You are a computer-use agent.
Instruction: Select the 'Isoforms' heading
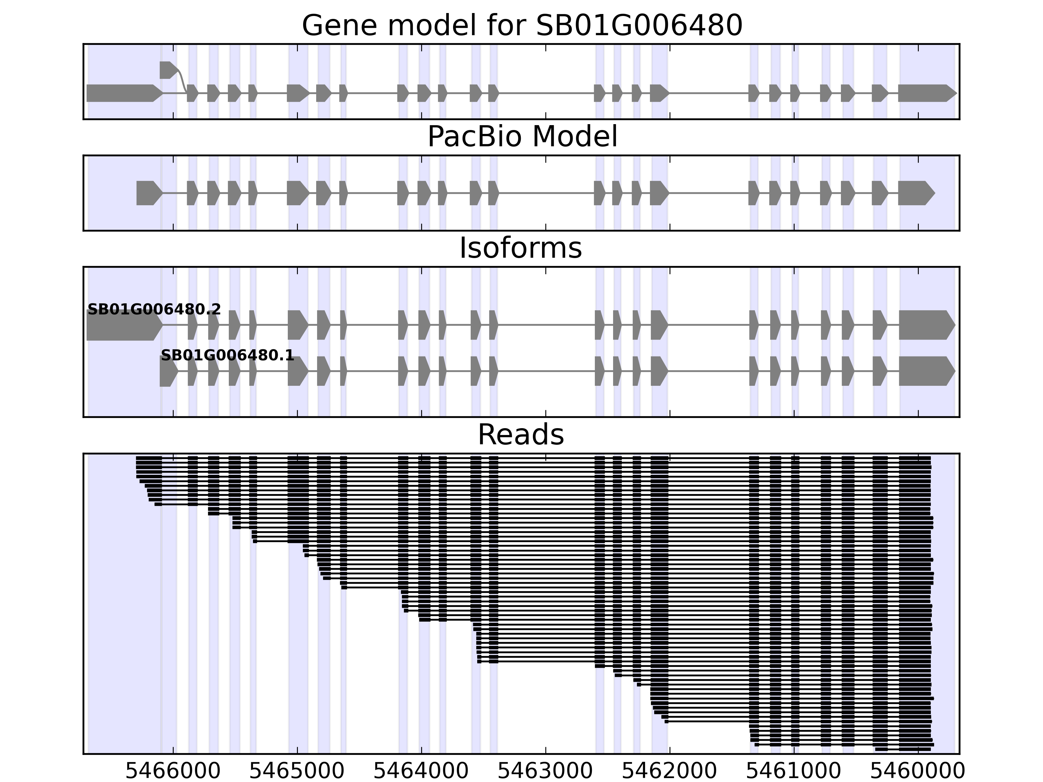pos(521,248)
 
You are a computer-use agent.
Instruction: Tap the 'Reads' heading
pos(521,435)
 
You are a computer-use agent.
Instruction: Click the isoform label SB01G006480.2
pos(154,310)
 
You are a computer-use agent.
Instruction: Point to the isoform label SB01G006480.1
pos(227,355)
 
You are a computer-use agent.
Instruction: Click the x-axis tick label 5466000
pos(173,771)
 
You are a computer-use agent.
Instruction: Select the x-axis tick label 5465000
pos(297,771)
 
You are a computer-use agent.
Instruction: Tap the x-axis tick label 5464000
pos(421,771)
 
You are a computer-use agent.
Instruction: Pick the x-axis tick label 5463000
pos(546,771)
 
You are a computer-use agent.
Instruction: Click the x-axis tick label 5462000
pos(669,771)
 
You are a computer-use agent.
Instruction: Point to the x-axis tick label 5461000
pos(794,771)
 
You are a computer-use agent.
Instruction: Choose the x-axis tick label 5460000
pos(918,771)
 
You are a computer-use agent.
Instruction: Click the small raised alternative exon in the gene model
pos(168,70)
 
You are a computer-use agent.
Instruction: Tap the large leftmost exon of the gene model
pos(123,93)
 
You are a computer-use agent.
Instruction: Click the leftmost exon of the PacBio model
pos(148,193)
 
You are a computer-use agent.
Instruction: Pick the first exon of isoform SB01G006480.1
pos(168,371)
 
